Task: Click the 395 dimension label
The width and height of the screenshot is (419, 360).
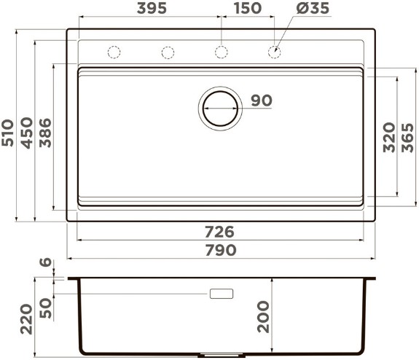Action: (152, 8)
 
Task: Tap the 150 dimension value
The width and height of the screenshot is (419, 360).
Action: (248, 8)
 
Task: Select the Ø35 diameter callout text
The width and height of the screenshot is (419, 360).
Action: (313, 8)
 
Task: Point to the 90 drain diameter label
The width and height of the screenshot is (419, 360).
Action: (262, 101)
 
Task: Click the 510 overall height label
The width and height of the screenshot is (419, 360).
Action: (7, 133)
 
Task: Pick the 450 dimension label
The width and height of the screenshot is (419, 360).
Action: (27, 133)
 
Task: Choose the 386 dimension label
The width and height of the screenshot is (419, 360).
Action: (45, 133)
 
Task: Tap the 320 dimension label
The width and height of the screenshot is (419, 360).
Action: (389, 138)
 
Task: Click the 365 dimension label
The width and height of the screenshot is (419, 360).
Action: (407, 138)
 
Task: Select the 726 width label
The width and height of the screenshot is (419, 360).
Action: (219, 232)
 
